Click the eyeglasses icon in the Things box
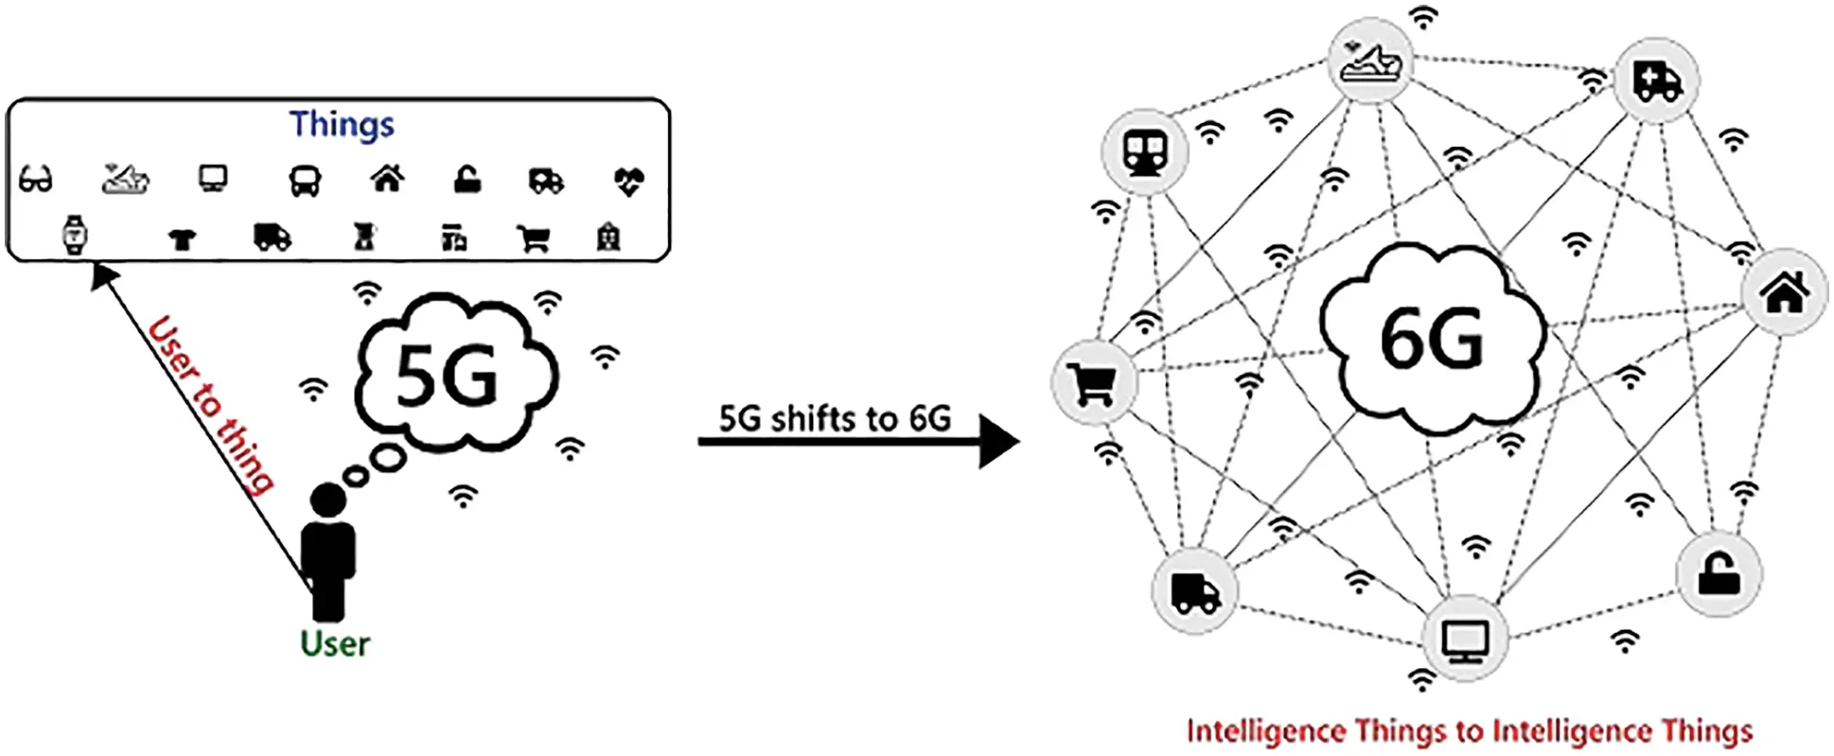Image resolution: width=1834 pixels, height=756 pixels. pyautogui.click(x=36, y=179)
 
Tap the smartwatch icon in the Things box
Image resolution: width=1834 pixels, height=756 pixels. pyautogui.click(x=75, y=235)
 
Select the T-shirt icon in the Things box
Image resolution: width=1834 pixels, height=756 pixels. pyautogui.click(x=182, y=238)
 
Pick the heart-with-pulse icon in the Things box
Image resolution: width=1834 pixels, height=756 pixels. pyautogui.click(x=628, y=180)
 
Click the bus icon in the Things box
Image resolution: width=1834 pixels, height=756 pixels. pyautogui.click(x=305, y=180)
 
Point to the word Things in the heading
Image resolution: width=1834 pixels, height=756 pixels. pyautogui.click(x=342, y=125)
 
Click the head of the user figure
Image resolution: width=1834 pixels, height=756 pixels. pyautogui.click(x=327, y=500)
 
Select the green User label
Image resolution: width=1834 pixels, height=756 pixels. pyautogui.click(x=334, y=644)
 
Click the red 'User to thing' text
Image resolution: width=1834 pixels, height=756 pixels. pyautogui.click(x=211, y=404)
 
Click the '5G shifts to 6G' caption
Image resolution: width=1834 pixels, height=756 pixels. pyautogui.click(x=835, y=418)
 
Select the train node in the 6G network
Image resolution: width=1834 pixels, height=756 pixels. pyautogui.click(x=1145, y=151)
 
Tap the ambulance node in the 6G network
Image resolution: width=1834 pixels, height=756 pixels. pyautogui.click(x=1656, y=79)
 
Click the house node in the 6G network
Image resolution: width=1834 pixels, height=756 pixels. pyautogui.click(x=1784, y=292)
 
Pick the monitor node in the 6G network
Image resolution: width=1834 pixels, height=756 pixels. pyautogui.click(x=1465, y=640)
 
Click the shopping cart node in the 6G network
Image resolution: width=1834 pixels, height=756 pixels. pyautogui.click(x=1093, y=383)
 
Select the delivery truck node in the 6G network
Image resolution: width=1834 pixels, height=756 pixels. pyautogui.click(x=1194, y=592)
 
